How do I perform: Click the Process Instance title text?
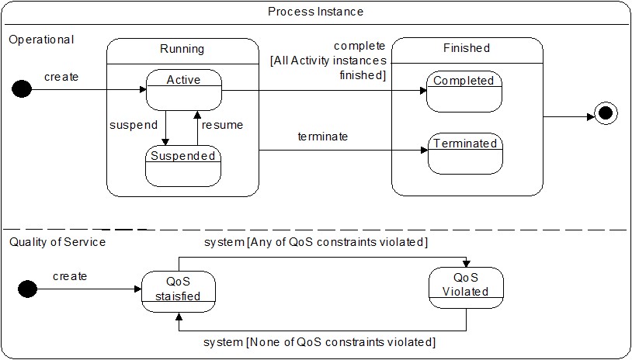point(315,12)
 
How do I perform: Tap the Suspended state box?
point(182,165)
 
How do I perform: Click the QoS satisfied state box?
point(179,290)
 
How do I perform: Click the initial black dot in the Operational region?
point(22,90)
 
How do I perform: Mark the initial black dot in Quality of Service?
point(27,289)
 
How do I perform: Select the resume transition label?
point(222,125)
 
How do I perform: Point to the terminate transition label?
point(322,137)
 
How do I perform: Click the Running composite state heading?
point(182,49)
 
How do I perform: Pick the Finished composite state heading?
point(467,48)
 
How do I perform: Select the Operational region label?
point(41,40)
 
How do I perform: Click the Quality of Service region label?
point(57,242)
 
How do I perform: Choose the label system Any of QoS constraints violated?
point(315,243)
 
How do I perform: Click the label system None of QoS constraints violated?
point(319,342)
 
